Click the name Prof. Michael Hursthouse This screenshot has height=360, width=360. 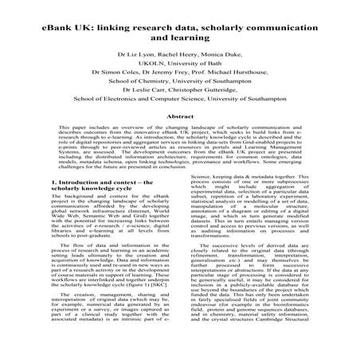pyautogui.click(x=237, y=81)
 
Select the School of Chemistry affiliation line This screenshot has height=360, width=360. pyautogui.click(x=179, y=92)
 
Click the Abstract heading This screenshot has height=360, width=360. pyautogui.click(x=179, y=137)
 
